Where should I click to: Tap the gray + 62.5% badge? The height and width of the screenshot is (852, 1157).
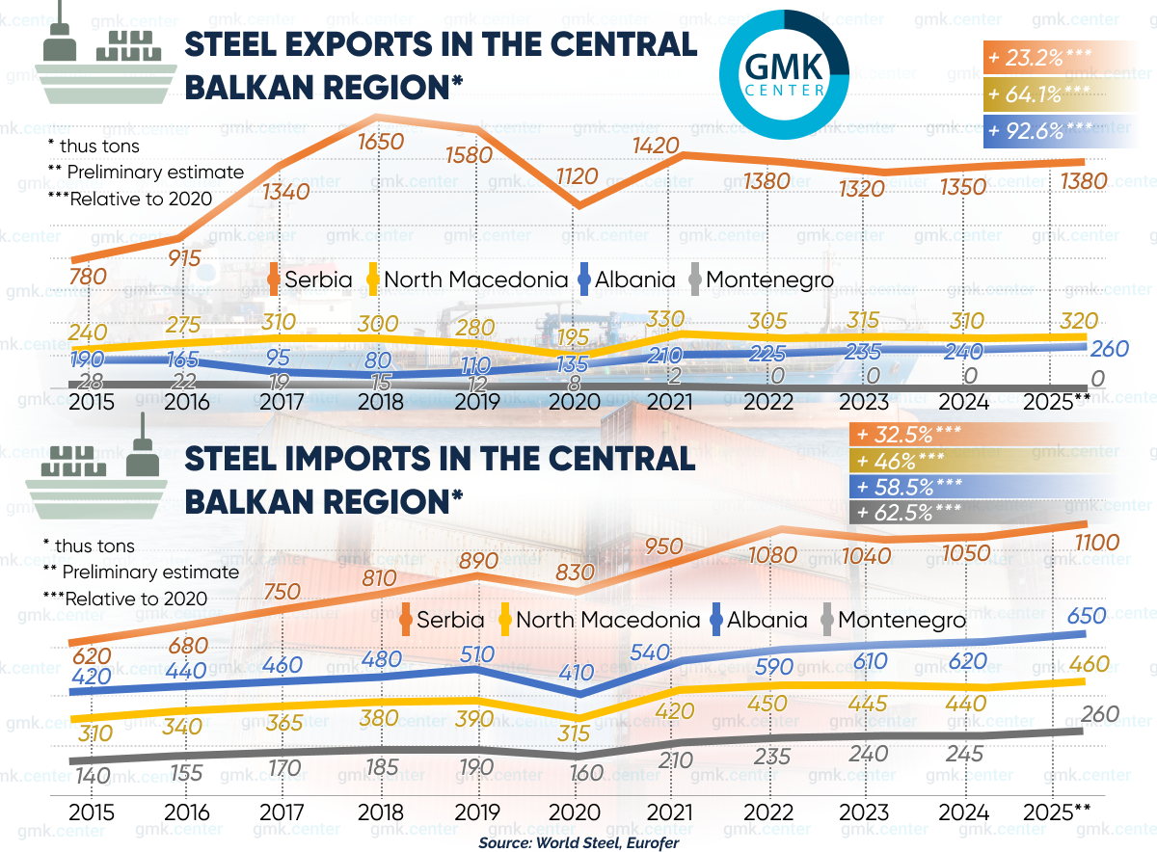pos(916,512)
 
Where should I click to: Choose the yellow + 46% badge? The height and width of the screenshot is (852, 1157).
pos(916,460)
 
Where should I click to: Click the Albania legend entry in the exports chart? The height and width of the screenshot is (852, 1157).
pos(625,280)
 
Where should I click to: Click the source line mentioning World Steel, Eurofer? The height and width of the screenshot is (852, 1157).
pos(578,842)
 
